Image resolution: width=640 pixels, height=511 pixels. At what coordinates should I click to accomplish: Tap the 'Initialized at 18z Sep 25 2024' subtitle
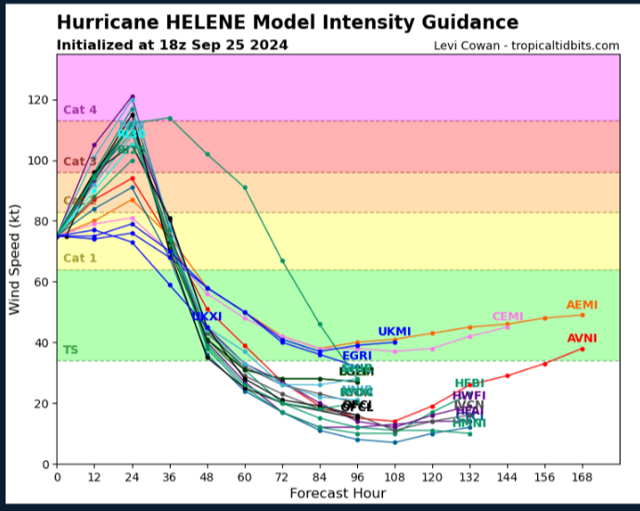click(x=172, y=45)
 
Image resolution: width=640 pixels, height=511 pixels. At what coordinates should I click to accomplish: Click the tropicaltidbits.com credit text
click(x=526, y=45)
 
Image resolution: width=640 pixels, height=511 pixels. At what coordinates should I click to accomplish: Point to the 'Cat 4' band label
click(x=80, y=110)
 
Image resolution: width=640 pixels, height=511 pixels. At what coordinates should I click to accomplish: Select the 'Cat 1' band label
click(x=80, y=258)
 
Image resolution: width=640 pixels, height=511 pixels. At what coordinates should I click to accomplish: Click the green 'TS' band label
click(x=70, y=350)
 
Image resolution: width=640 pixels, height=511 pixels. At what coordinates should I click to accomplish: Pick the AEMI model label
click(x=582, y=305)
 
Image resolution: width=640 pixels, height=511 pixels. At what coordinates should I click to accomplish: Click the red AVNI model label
click(x=582, y=339)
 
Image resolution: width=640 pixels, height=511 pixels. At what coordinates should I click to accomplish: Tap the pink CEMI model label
click(x=507, y=317)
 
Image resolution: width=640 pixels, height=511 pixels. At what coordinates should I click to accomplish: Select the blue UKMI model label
click(x=393, y=332)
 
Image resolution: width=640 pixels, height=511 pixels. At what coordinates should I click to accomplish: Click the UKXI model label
click(x=207, y=317)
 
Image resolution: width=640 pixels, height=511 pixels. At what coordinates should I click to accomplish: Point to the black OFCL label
click(x=357, y=406)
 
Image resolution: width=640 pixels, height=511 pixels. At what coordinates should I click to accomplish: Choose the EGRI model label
click(x=357, y=356)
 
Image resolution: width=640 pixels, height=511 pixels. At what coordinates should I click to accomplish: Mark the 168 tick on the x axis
click(x=582, y=477)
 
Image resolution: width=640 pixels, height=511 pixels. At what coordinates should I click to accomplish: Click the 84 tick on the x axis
click(x=320, y=477)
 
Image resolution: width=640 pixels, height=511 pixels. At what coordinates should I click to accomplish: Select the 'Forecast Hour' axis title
click(x=338, y=493)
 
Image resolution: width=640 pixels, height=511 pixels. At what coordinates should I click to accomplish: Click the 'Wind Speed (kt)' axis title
click(x=16, y=259)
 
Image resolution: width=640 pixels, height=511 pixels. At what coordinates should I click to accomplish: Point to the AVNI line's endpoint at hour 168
click(x=582, y=349)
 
